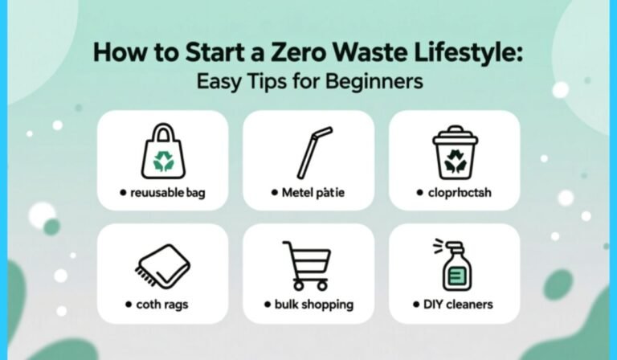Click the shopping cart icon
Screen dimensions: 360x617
tap(306, 265)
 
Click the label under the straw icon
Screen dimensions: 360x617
tap(310, 194)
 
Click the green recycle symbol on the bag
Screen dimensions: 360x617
tap(163, 160)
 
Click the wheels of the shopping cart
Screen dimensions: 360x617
tap(306, 285)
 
